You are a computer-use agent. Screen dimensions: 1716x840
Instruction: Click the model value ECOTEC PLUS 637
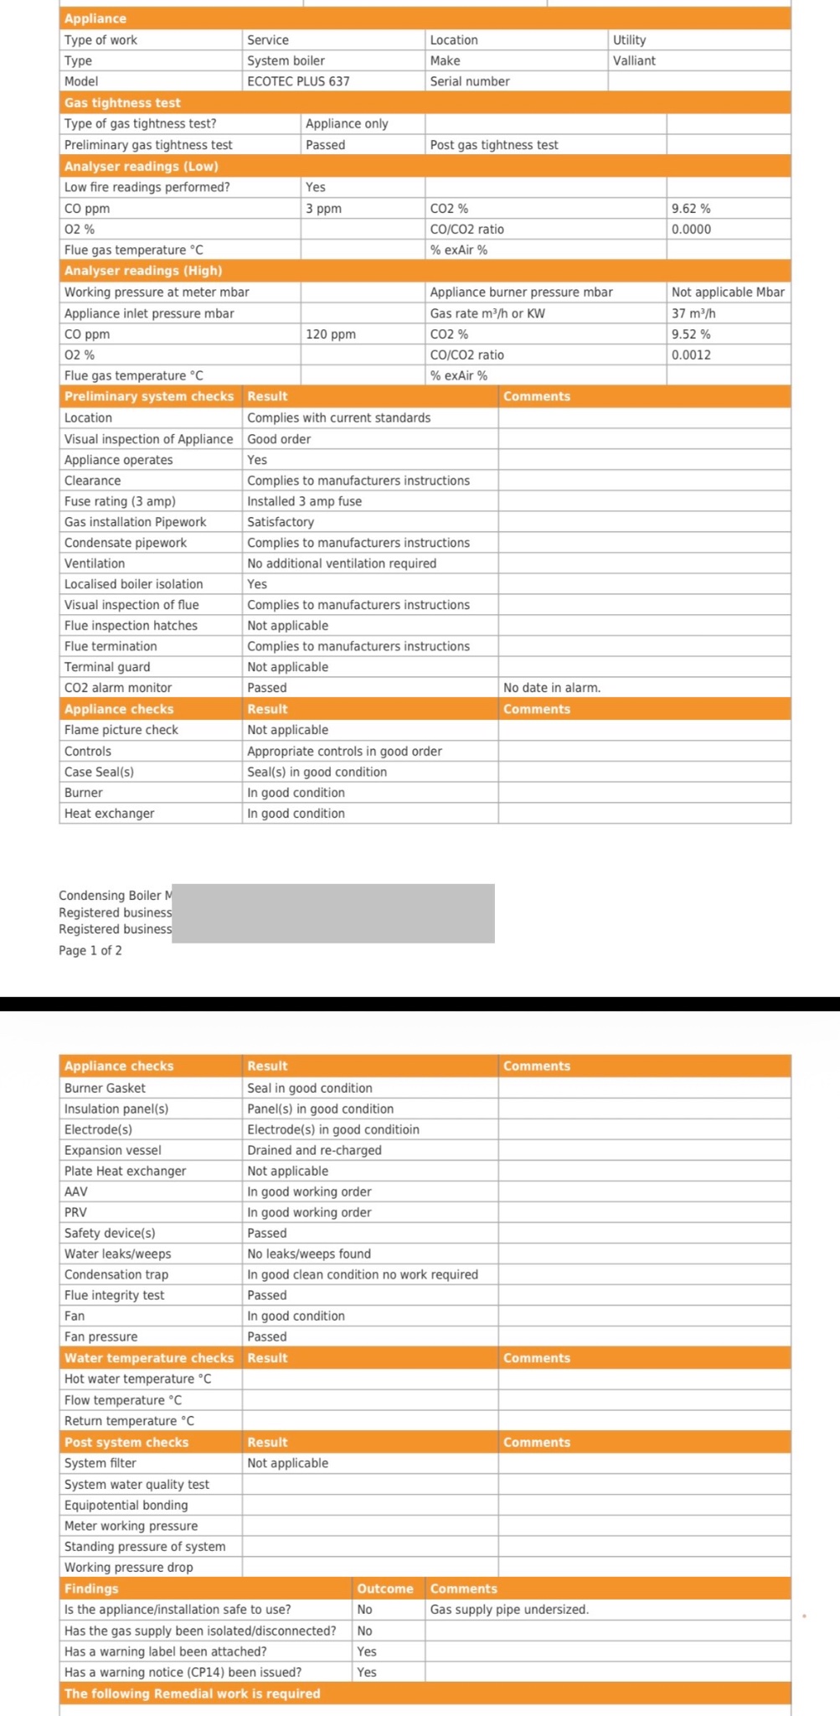click(298, 81)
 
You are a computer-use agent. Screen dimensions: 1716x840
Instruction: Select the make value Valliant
click(634, 60)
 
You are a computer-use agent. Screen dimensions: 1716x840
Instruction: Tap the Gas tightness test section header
click(122, 102)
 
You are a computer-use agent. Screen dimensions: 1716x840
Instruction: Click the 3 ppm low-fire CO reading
click(323, 208)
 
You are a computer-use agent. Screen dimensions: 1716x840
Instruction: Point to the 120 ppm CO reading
click(330, 333)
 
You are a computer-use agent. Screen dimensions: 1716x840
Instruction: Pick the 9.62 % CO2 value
click(691, 208)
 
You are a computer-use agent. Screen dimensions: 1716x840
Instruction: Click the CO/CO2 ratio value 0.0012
click(691, 354)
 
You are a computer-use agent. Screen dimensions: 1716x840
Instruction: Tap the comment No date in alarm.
click(552, 687)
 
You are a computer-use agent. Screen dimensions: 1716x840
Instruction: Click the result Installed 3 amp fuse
click(304, 501)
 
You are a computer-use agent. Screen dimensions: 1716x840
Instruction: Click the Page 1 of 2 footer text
click(90, 950)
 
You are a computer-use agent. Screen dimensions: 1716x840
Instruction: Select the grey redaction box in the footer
click(333, 913)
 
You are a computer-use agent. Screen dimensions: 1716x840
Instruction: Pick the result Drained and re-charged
click(314, 1150)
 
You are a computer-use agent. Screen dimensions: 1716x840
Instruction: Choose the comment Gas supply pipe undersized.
click(509, 1609)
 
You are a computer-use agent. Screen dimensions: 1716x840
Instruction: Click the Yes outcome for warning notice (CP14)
click(367, 1672)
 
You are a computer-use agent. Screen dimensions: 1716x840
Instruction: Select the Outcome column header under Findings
click(385, 1588)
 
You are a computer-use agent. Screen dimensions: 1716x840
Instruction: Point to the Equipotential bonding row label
click(126, 1505)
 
